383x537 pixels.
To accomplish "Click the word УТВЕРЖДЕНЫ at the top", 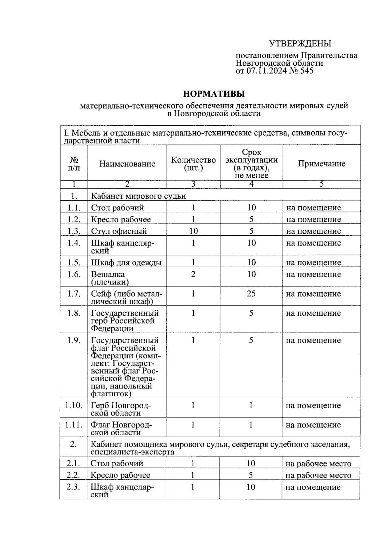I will (x=300, y=43).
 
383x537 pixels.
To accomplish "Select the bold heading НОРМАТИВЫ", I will (x=214, y=94).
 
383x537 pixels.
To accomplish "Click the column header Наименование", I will (x=127, y=164).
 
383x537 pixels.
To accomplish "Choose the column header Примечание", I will (x=321, y=164).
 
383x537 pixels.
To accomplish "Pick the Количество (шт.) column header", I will (x=193, y=164).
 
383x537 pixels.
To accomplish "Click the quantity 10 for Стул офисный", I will (x=193, y=231).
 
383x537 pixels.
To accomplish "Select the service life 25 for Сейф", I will (x=251, y=293).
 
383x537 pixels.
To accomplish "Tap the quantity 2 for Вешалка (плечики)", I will (x=193, y=274).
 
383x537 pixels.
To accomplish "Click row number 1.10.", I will (x=74, y=405).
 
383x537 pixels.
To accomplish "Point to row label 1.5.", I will (x=74, y=262).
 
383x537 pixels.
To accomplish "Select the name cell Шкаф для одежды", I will (x=126, y=262).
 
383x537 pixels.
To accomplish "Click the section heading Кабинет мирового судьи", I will (x=139, y=196).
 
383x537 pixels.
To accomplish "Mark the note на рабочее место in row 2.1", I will (x=318, y=463).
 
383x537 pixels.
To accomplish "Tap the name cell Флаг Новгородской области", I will (x=121, y=428).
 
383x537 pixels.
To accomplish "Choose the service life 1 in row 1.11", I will (x=251, y=425).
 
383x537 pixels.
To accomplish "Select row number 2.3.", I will (x=73, y=487).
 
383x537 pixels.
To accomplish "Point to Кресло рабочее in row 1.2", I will (x=121, y=219).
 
